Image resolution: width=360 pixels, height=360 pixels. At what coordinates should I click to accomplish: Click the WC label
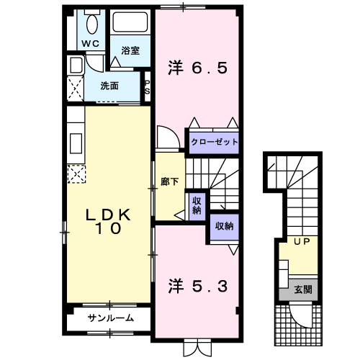pyautogui.click(x=91, y=43)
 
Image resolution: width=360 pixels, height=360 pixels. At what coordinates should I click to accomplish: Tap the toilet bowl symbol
pyautogui.click(x=91, y=23)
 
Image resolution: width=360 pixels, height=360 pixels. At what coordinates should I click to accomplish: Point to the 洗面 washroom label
pyautogui.click(x=109, y=86)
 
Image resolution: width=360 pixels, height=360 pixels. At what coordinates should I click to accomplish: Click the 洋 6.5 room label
pyautogui.click(x=198, y=68)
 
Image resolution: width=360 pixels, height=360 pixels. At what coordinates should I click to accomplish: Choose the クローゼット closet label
pyautogui.click(x=214, y=142)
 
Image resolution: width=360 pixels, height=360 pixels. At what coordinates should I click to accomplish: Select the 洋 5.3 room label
pyautogui.click(x=198, y=285)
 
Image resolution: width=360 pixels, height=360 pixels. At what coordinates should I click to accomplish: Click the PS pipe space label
pyautogui.click(x=148, y=88)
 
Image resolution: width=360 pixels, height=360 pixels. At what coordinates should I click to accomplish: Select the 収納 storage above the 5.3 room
pyautogui.click(x=224, y=225)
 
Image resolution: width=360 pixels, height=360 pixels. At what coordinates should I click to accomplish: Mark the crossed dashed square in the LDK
pyautogui.click(x=76, y=173)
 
